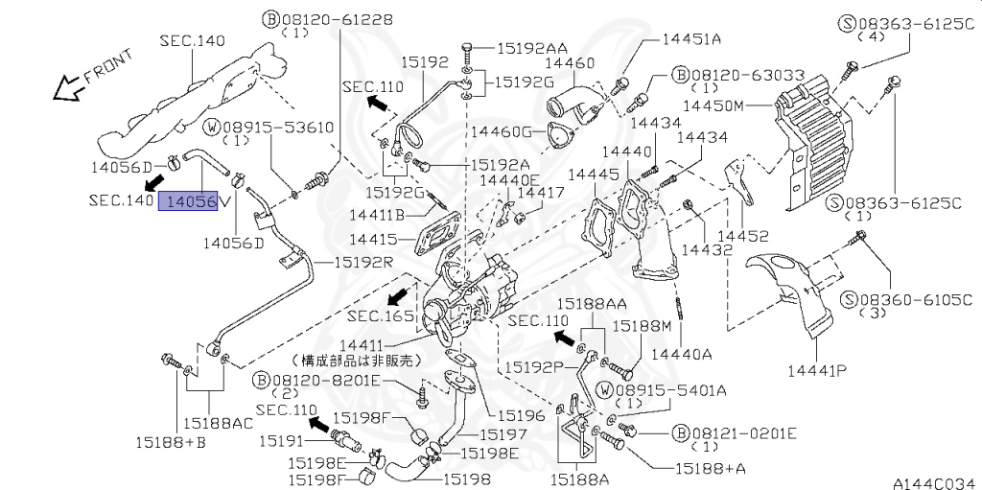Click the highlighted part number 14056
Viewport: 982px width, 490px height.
(x=188, y=201)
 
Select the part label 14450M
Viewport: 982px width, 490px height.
(x=713, y=105)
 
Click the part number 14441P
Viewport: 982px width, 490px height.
(x=818, y=370)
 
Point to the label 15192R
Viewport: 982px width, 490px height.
(x=362, y=261)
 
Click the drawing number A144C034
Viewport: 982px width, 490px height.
(x=937, y=482)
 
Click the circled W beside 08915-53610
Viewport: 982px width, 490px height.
(x=213, y=128)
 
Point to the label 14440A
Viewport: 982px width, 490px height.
(x=681, y=354)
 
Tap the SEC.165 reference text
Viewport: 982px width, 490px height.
(x=381, y=315)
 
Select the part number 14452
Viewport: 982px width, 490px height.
(x=743, y=236)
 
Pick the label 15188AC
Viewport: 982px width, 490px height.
(x=218, y=424)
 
